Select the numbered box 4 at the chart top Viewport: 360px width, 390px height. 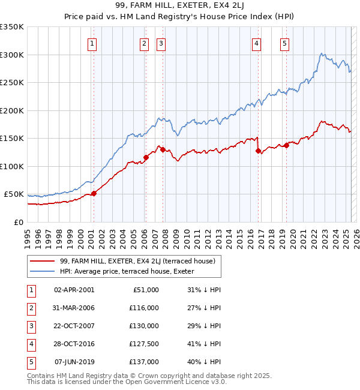tap(256, 43)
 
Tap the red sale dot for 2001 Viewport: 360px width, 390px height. tap(94, 194)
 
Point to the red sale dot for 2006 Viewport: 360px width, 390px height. tap(146, 158)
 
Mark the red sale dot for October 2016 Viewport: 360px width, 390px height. tap(258, 151)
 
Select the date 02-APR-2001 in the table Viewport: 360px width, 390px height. tap(74, 290)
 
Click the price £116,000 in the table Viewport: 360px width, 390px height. tap(144, 308)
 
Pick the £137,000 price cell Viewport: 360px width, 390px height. tap(144, 362)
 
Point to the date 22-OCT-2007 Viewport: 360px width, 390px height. tap(74, 326)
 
